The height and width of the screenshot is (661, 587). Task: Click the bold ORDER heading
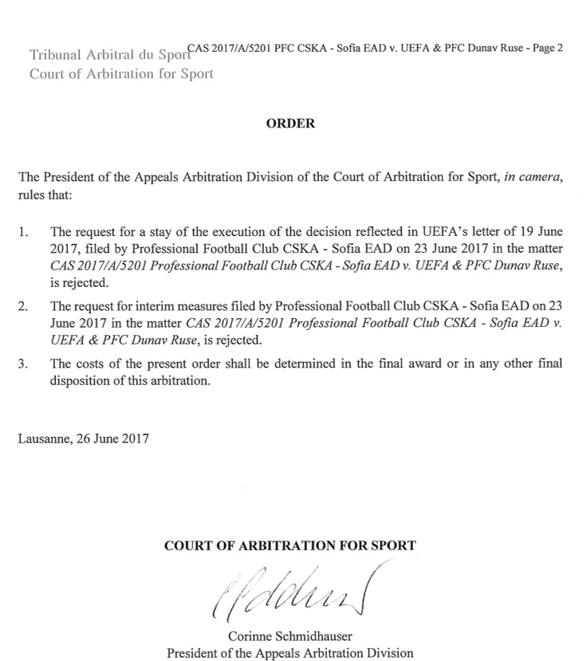pyautogui.click(x=290, y=124)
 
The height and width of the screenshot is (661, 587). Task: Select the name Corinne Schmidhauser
pyautogui.click(x=290, y=635)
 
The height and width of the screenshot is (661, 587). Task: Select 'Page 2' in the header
pyautogui.click(x=548, y=48)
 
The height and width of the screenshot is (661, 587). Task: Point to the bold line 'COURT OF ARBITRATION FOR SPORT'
pyautogui.click(x=290, y=546)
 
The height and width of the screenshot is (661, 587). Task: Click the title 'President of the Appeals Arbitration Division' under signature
pyautogui.click(x=290, y=652)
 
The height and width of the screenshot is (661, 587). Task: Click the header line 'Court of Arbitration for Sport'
pyautogui.click(x=120, y=74)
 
